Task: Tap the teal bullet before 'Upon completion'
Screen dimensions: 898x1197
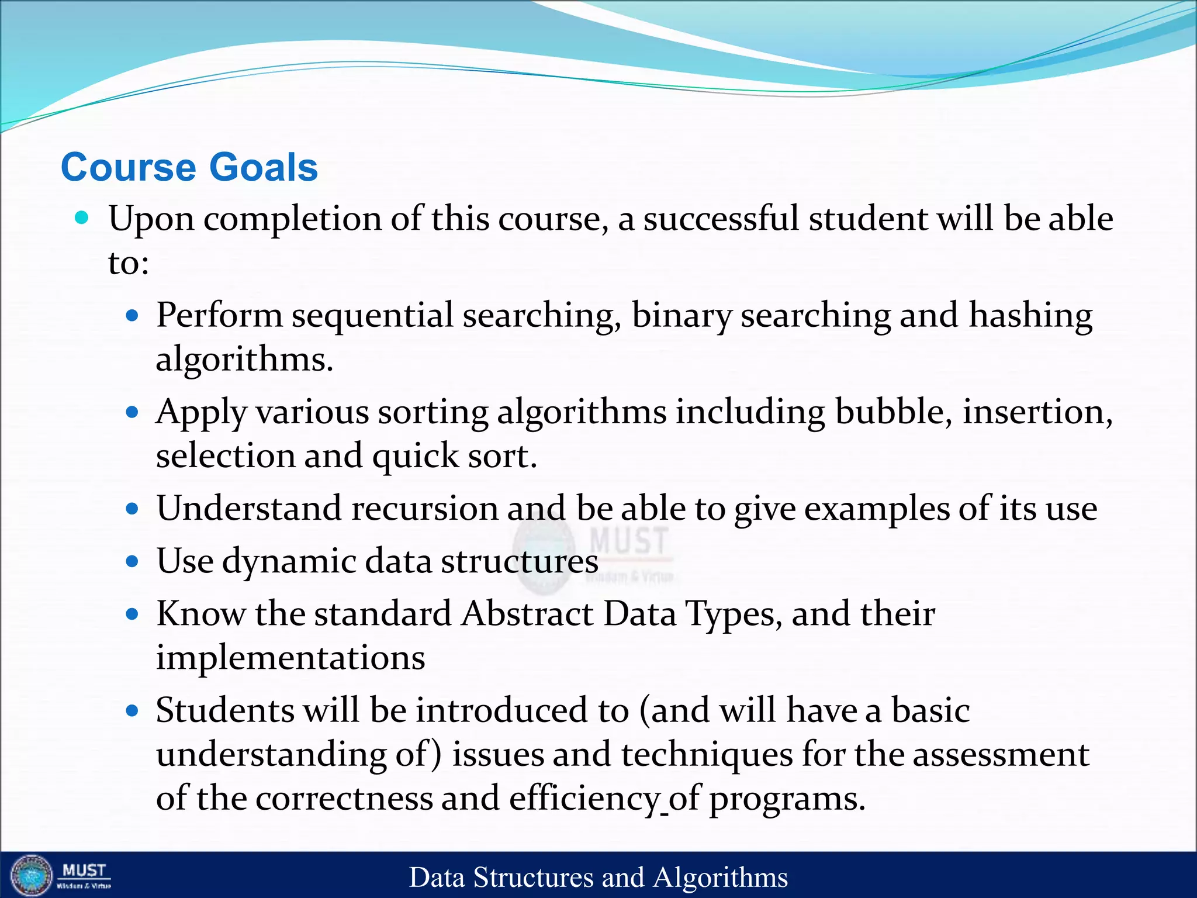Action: point(82,218)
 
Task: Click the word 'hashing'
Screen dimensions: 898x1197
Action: point(1030,316)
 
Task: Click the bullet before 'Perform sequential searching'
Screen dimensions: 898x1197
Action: point(133,316)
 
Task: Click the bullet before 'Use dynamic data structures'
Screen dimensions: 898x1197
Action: point(133,562)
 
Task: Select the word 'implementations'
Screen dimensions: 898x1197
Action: point(290,658)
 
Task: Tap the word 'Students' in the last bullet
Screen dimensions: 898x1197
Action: point(224,710)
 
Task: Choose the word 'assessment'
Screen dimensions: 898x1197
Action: point(1000,754)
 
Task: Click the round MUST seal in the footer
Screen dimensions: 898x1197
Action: point(32,876)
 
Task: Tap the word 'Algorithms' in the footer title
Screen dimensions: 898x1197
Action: point(720,878)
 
